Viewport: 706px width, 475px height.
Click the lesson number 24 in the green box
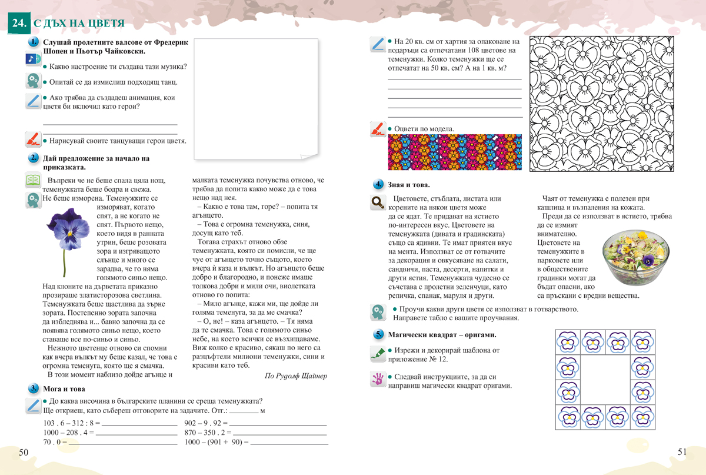click(x=18, y=23)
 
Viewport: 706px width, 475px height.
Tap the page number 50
click(x=24, y=452)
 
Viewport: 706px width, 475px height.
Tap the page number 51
click(x=682, y=452)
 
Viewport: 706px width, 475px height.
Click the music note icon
click(x=32, y=60)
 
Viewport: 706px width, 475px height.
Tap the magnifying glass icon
click(x=377, y=203)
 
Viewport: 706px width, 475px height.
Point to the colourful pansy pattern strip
click(x=454, y=152)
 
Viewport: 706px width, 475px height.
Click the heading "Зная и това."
click(x=409, y=185)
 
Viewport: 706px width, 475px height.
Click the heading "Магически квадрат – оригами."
click(x=442, y=334)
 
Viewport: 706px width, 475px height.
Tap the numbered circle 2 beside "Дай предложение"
click(x=34, y=158)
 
